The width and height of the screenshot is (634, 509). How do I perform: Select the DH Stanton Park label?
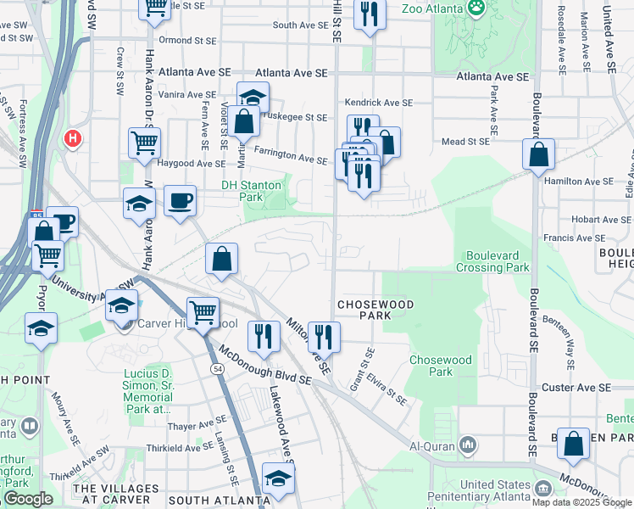tap(254, 190)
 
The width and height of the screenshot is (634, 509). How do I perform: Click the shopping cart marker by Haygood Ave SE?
tap(145, 143)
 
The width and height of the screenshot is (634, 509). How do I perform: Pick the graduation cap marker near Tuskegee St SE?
tap(253, 97)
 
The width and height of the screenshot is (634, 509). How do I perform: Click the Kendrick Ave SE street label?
tap(379, 103)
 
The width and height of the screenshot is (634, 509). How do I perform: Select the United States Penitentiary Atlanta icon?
tap(543, 488)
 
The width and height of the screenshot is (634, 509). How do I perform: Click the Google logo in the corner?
tap(28, 499)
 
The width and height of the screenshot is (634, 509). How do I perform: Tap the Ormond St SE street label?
tap(186, 40)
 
